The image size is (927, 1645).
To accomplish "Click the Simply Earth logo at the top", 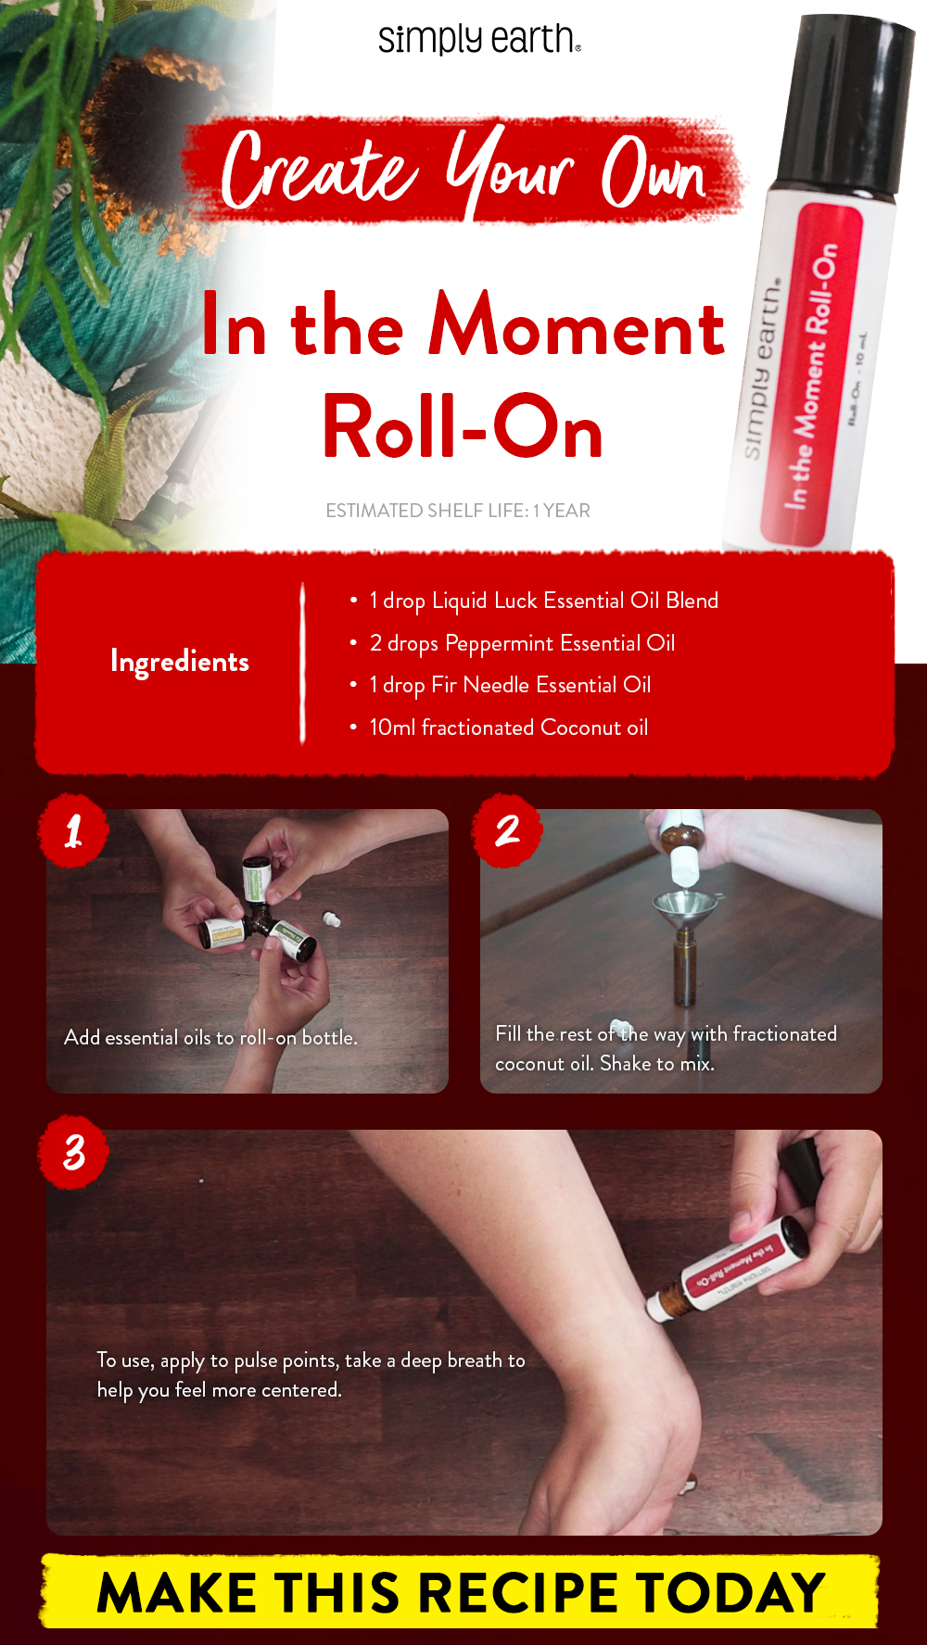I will pos(478,40).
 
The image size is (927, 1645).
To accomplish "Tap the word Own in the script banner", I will pos(654,172).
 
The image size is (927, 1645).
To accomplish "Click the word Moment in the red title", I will pos(576,327).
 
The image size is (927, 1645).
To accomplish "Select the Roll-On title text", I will pos(463,428).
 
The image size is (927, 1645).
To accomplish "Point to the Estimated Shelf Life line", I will pos(457,511).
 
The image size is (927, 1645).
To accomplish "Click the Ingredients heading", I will pos(180,662).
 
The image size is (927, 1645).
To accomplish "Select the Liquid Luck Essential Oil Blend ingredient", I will pos(543,601).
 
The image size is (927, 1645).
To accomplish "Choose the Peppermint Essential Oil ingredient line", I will pos(522,643).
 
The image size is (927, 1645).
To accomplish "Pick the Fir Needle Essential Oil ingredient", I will pos(510,685).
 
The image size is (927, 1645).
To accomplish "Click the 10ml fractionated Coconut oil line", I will pos(508,728).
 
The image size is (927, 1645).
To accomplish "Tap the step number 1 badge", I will pos(74,830).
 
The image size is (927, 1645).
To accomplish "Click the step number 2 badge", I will pos(507,830).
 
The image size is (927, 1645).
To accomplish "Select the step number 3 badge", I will pos(74,1152).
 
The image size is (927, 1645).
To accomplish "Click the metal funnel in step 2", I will pos(685,908).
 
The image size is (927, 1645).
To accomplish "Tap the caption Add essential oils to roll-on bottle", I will pos(210,1038).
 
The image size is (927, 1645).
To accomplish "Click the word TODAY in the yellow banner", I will pos(730,1593).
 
